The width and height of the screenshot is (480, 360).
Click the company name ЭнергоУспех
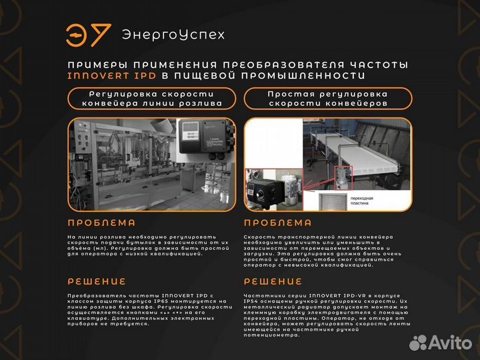(173, 35)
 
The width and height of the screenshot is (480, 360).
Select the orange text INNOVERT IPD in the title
(112, 76)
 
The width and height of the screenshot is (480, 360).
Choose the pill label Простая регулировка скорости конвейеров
(327, 99)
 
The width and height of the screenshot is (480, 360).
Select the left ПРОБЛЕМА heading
(101, 223)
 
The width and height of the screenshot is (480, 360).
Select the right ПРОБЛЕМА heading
(277, 223)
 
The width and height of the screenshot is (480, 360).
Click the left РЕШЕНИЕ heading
(97, 281)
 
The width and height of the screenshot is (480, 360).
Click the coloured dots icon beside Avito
(419, 343)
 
